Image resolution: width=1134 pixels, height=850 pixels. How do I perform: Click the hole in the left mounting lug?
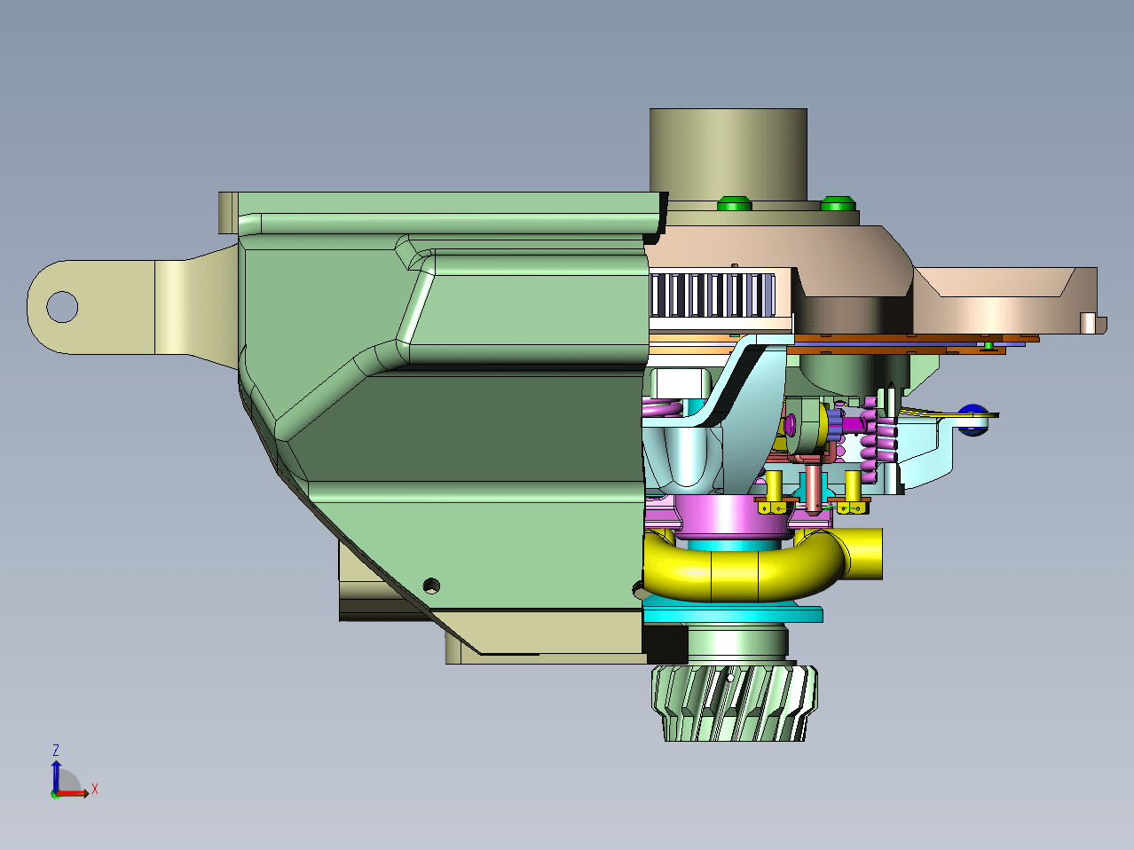coord(62,307)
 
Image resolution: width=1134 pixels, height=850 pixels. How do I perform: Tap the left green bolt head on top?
coord(734,203)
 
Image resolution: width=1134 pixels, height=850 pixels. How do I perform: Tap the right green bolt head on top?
coord(838,203)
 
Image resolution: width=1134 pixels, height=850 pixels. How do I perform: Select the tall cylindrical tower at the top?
coord(728,154)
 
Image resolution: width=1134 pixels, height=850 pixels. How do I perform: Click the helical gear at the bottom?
coord(734,704)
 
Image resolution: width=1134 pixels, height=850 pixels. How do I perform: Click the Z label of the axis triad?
coord(56,751)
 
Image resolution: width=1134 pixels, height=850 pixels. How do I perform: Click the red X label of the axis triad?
coord(95,789)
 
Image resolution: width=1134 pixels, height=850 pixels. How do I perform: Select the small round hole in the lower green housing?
coord(431,586)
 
